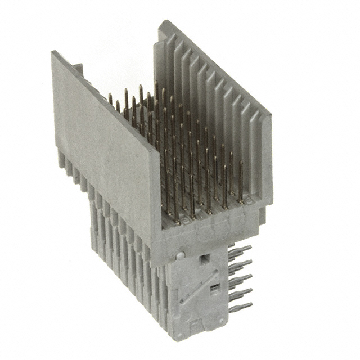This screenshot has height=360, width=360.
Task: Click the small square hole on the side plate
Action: point(204,258)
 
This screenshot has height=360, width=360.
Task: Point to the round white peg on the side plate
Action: point(179,255)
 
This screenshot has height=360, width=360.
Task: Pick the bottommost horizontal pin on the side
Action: point(241,308)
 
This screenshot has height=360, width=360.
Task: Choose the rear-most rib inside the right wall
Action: point(169,73)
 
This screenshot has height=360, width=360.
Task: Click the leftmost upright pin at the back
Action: point(110,100)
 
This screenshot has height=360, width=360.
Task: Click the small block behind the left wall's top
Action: point(78,69)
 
